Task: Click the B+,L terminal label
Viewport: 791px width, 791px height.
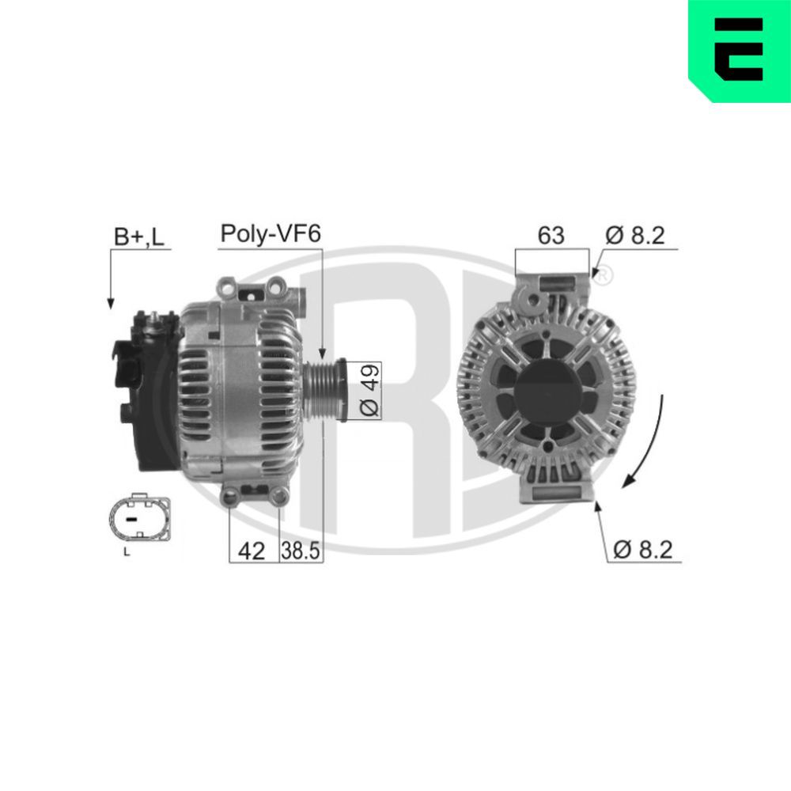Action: click(138, 236)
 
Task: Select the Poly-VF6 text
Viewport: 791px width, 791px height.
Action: click(270, 234)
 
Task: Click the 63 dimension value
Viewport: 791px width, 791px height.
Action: click(551, 235)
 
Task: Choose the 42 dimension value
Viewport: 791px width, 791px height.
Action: click(252, 551)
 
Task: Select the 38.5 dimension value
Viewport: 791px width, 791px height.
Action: click(301, 551)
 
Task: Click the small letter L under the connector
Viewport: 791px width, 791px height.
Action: click(127, 552)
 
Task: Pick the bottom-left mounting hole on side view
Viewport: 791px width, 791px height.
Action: click(232, 497)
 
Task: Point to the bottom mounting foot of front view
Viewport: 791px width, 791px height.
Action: click(558, 490)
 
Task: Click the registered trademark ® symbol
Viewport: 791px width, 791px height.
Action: click(602, 277)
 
